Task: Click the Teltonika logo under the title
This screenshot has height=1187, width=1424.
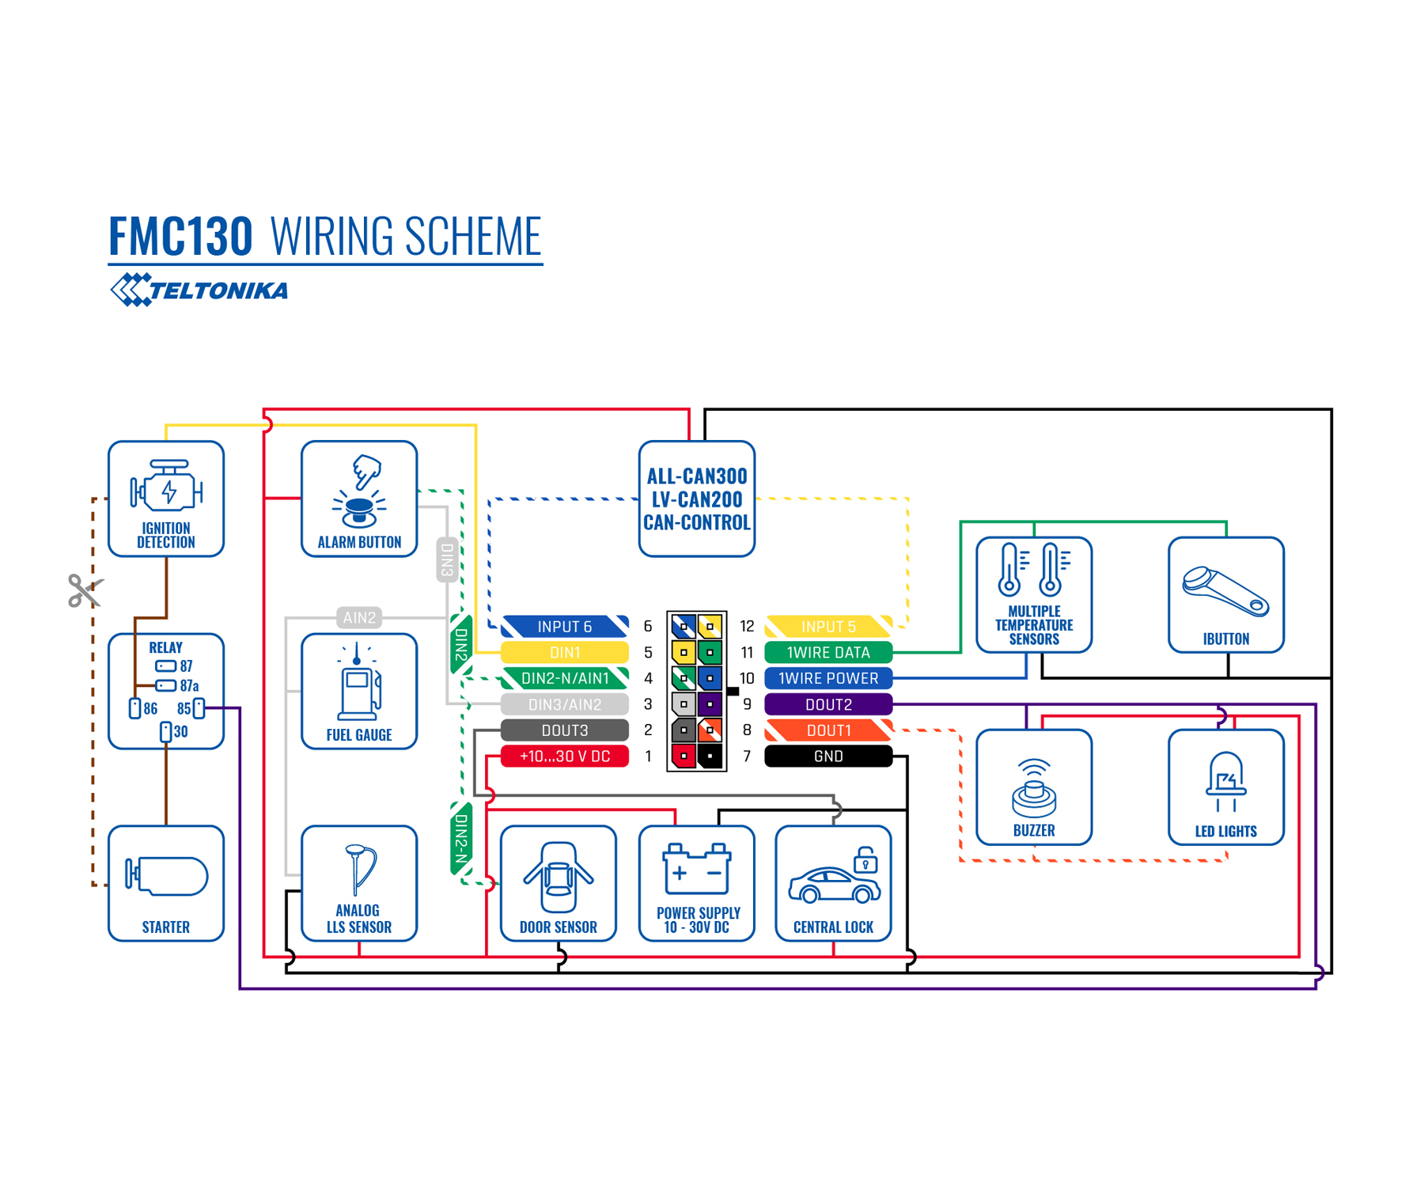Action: coord(199,290)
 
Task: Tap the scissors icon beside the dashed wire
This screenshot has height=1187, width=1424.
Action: coord(84,590)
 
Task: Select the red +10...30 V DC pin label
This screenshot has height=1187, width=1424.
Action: coord(565,757)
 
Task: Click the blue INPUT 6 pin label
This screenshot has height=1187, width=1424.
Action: coord(565,627)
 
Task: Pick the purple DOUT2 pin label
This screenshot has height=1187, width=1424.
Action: coord(828,704)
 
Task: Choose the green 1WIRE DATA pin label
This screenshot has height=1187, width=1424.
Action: coord(828,653)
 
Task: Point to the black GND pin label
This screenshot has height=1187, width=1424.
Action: coord(828,757)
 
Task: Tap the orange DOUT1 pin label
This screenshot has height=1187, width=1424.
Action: coord(828,730)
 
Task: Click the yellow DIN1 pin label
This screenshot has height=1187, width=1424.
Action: coord(565,653)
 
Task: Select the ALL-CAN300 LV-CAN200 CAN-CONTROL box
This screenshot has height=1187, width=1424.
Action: coord(697,499)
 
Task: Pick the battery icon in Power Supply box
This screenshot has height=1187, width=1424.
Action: coord(697,869)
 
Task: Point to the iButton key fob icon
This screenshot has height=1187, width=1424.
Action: coord(1225,592)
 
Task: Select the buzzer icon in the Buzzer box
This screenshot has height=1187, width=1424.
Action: coord(1034,788)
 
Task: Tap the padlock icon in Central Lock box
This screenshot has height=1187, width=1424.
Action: coord(865,860)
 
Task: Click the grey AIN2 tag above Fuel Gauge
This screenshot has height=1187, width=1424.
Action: coord(359,617)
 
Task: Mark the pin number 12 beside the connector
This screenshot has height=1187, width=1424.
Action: coord(747,627)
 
